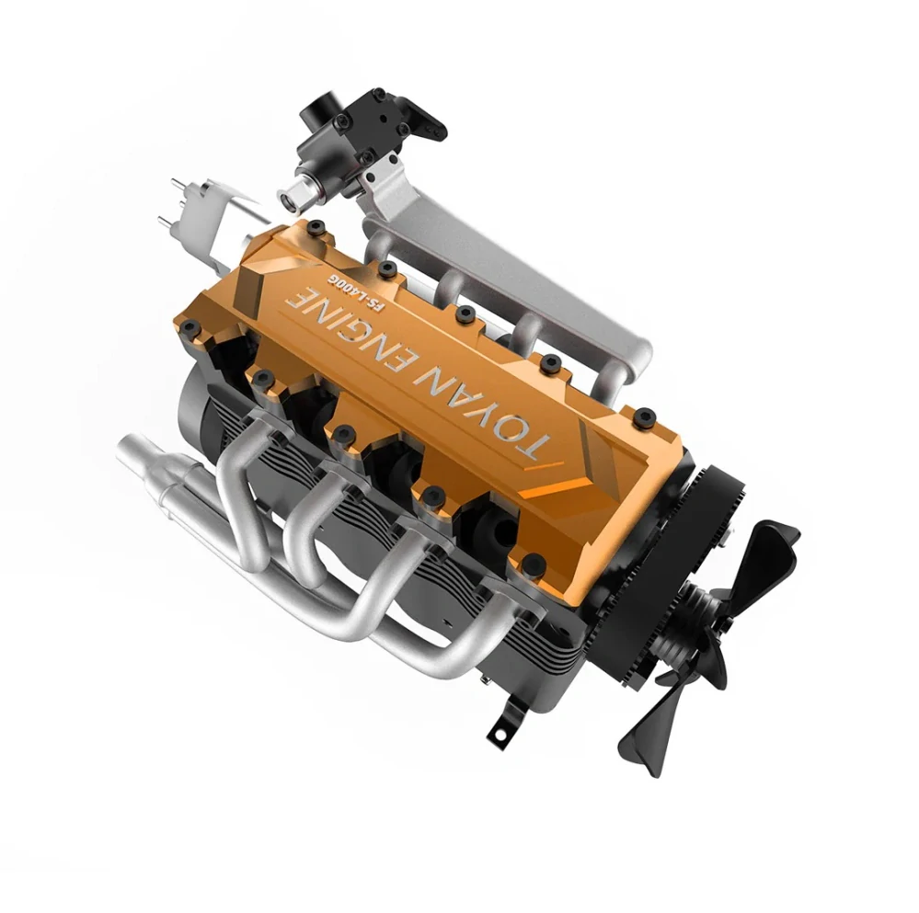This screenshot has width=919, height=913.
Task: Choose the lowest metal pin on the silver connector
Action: tap(164, 220)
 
